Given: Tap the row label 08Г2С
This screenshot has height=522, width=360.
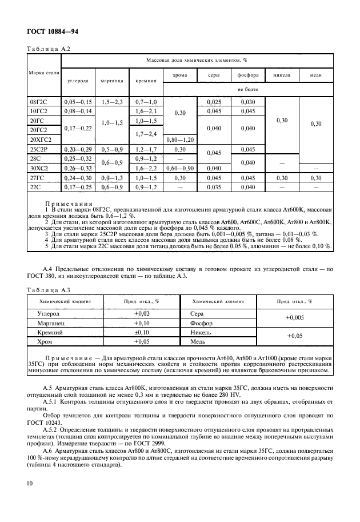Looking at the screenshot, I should (x=38, y=101).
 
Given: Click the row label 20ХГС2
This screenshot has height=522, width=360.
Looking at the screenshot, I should (x=41, y=140).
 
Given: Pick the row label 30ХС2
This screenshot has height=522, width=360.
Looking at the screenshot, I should (x=39, y=168).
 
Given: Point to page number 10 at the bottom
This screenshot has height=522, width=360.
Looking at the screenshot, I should (x=30, y=483).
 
